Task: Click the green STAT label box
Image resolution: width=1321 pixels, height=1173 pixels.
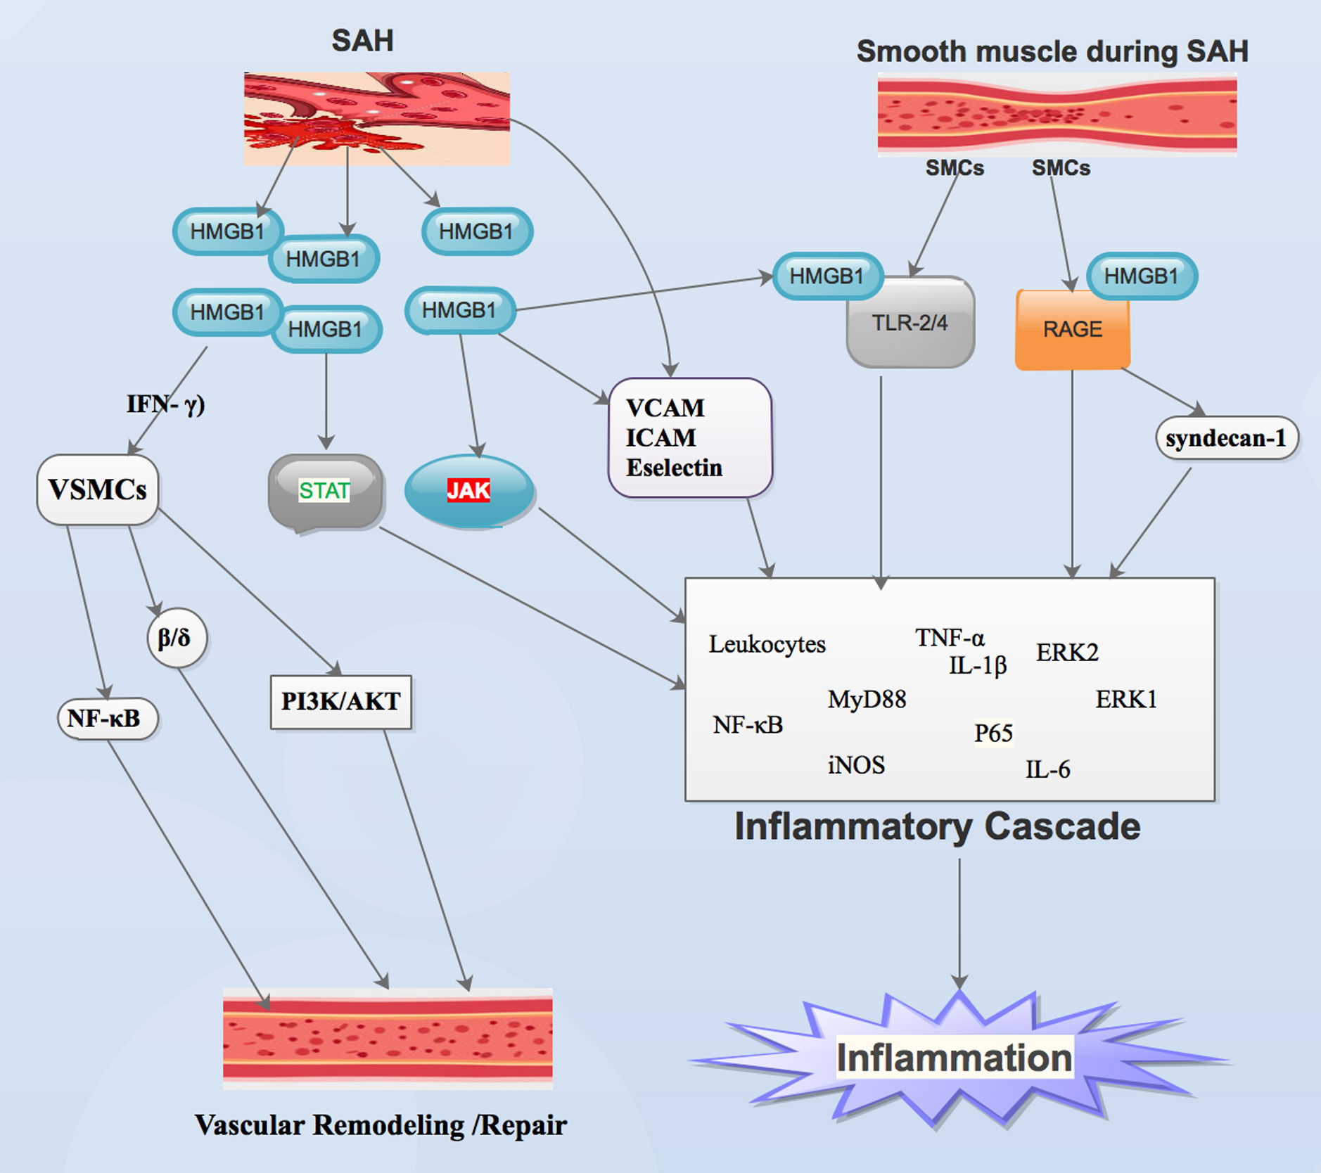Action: point(324,490)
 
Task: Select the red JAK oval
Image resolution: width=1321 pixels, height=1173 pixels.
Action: point(468,490)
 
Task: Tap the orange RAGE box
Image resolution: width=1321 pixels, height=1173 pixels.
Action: point(1072,329)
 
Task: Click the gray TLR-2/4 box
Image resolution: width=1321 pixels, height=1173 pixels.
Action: point(910,323)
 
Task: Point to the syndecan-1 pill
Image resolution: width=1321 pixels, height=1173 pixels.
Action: point(1226,438)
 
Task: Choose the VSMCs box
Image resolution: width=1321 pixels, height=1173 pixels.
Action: point(97,489)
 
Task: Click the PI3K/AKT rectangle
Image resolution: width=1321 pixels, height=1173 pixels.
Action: point(341,701)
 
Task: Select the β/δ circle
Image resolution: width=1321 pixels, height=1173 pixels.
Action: point(174,638)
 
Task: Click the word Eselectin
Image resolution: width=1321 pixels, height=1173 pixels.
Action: point(674,468)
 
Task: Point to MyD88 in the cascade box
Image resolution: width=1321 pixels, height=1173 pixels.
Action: point(867,699)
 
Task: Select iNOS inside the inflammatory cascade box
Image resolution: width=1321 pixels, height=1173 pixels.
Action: point(856,765)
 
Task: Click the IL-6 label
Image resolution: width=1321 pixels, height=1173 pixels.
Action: point(1047,769)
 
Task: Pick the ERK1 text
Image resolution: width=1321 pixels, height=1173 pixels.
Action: point(1125,699)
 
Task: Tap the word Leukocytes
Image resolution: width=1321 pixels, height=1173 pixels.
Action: point(767,644)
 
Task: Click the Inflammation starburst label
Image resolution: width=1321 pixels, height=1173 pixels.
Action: point(954,1058)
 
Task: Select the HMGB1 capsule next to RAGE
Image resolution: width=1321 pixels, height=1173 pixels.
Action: point(1141,276)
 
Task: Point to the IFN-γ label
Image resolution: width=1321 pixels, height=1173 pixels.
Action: point(165,404)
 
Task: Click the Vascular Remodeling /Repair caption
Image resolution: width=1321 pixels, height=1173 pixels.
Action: point(380,1125)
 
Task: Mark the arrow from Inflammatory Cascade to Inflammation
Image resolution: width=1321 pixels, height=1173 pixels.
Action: point(959,921)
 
